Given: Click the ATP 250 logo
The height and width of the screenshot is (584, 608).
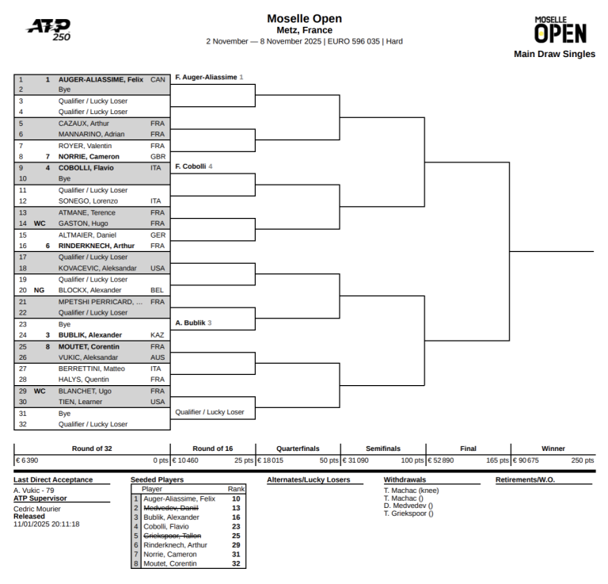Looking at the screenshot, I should (x=48, y=29).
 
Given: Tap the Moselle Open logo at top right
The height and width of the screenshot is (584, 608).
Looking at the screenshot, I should (x=560, y=30).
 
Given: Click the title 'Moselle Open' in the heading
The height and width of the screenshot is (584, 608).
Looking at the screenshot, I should (x=304, y=19).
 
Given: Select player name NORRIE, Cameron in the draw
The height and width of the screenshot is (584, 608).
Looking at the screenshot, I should (x=89, y=157).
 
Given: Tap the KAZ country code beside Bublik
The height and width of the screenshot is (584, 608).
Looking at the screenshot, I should (x=157, y=335).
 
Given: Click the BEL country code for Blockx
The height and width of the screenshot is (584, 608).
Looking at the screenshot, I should (x=157, y=291).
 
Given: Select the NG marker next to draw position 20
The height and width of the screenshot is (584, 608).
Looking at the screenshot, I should (x=39, y=291).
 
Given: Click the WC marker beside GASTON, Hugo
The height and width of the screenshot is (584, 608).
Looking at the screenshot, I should (x=39, y=223).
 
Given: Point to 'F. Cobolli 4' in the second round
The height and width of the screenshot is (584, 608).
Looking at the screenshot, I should (x=193, y=166).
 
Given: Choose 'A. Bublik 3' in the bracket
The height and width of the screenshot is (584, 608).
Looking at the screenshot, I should (x=193, y=323).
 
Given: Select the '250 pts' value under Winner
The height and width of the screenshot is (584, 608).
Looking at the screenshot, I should (x=582, y=460).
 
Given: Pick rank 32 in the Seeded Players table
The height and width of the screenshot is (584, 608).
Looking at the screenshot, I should (x=236, y=563).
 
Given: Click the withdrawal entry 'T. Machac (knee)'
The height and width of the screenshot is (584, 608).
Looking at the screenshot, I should (x=411, y=490).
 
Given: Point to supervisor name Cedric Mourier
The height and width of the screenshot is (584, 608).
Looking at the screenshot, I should (x=36, y=509).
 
